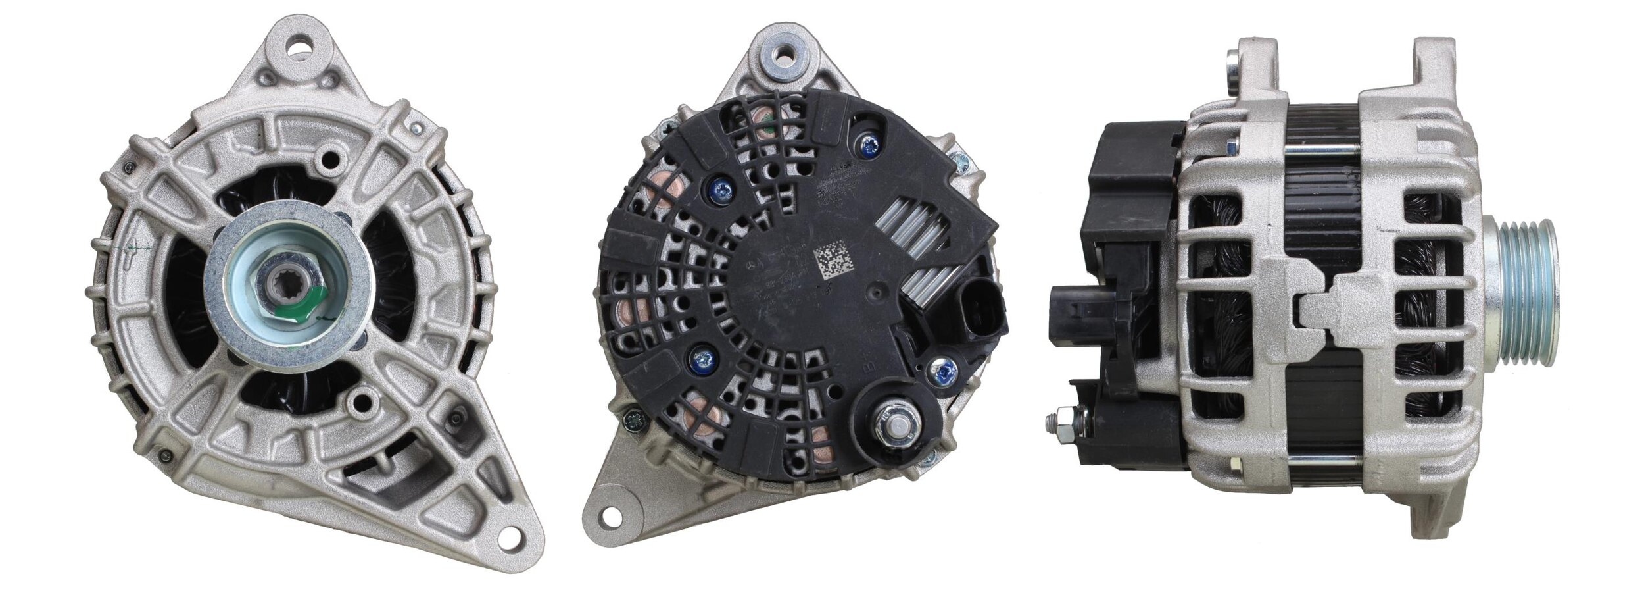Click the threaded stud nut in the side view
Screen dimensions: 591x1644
(1059, 423)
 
